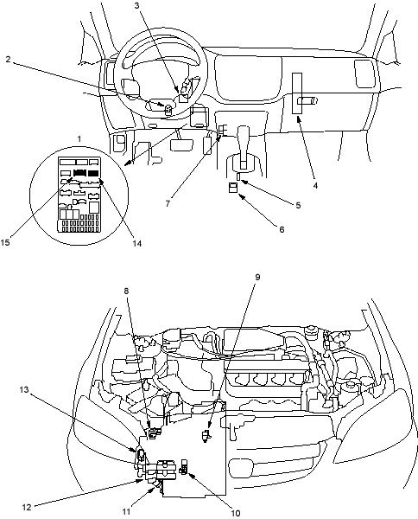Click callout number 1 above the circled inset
tap(79, 139)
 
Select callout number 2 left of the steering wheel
tap(8, 59)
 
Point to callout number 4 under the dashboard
tap(315, 186)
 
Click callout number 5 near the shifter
tap(298, 205)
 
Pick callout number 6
tap(282, 229)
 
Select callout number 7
tap(168, 203)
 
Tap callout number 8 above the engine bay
tap(126, 291)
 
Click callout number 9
tap(257, 277)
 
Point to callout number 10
tap(235, 513)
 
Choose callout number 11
tap(126, 512)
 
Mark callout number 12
tap(27, 507)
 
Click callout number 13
tap(24, 389)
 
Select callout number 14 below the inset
tap(136, 243)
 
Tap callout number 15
tap(5, 242)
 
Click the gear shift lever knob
tap(244, 131)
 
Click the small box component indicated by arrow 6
tap(233, 188)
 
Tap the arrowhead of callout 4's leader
tap(298, 119)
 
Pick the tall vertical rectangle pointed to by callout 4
tap(297, 93)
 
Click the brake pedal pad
tap(181, 145)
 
